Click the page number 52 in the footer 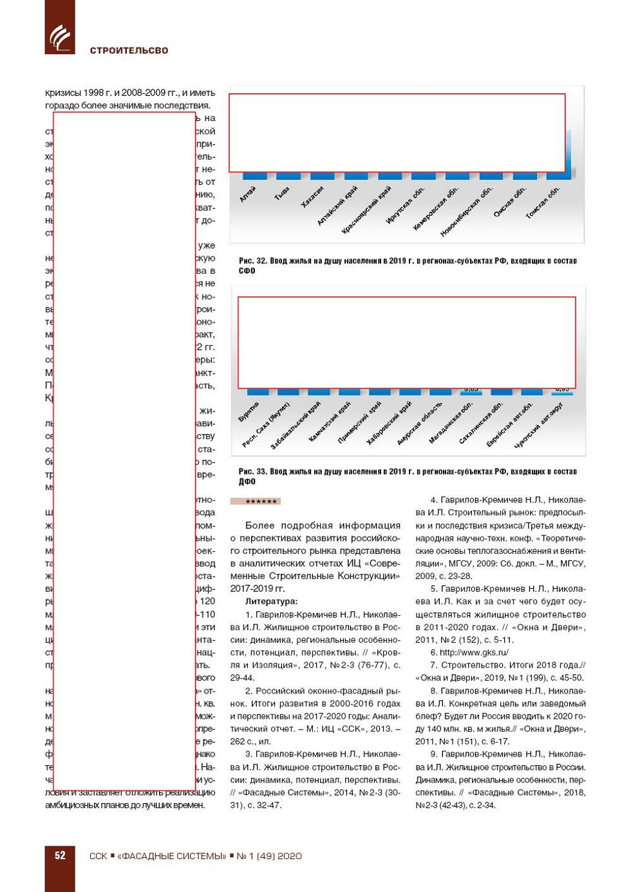tap(60, 855)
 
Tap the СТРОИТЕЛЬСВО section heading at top tap(129, 50)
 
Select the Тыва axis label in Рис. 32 tap(283, 193)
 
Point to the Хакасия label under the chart tap(313, 196)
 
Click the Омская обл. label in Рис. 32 tap(510, 201)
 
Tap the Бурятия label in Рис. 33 tap(249, 412)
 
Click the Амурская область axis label tap(420, 423)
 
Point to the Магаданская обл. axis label tap(451, 422)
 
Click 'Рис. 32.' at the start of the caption tap(252, 261)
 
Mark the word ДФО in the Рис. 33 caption tap(247, 482)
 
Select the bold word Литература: tap(272, 602)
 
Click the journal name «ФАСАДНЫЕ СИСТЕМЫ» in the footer tap(172, 856)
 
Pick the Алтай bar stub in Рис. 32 tap(254, 176)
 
